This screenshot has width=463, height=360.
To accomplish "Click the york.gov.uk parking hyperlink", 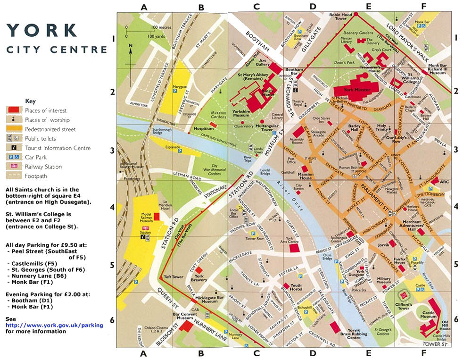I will [54, 325].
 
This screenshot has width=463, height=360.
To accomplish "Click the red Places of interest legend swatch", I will [13, 110].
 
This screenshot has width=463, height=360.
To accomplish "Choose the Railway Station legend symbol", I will [13, 167].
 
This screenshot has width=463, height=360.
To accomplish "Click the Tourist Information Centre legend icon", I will [13, 148].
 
